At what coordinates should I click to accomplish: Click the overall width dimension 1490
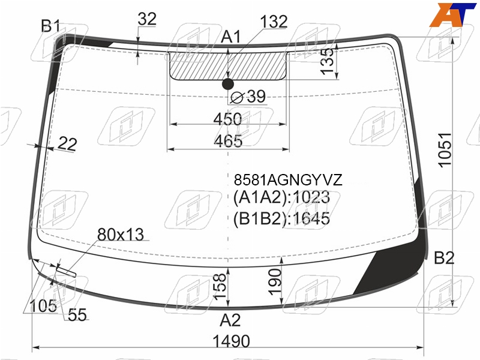click(231, 341)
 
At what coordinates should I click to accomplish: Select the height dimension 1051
click(445, 150)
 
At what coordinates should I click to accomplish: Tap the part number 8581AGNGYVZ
click(288, 180)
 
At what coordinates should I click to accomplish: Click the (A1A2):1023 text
click(281, 197)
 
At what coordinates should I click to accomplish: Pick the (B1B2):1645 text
click(281, 218)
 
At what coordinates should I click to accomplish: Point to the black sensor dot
click(228, 84)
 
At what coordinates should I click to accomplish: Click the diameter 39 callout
click(248, 97)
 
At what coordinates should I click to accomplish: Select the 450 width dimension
click(227, 119)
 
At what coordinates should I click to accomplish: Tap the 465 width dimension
click(228, 141)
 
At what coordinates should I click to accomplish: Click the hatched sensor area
click(228, 66)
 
